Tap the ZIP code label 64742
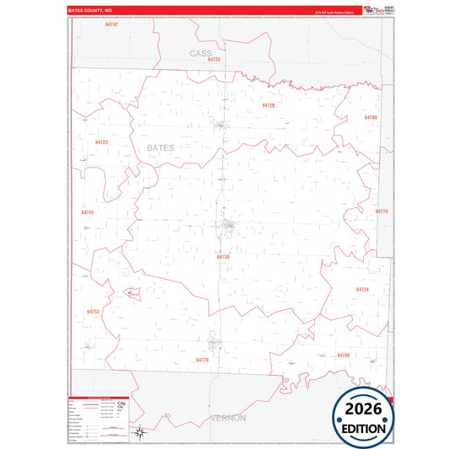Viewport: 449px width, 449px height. click(x=112, y=24)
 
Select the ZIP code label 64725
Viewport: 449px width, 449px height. click(x=214, y=60)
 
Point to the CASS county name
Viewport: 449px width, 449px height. click(x=200, y=52)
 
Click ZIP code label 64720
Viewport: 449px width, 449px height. click(x=269, y=105)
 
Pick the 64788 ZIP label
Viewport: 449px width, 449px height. click(x=371, y=117)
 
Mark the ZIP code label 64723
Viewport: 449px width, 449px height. click(x=101, y=142)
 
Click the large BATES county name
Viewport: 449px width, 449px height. click(x=161, y=147)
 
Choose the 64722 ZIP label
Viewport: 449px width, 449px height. click(x=88, y=212)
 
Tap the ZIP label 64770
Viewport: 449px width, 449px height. click(x=382, y=211)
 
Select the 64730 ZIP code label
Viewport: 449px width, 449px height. click(x=223, y=256)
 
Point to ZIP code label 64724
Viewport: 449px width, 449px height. click(x=362, y=289)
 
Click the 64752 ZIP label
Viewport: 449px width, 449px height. click(x=93, y=312)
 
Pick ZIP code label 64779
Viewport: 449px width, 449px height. click(x=202, y=360)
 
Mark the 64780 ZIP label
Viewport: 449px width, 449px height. click(x=343, y=355)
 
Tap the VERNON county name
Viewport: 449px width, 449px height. click(x=227, y=418)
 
